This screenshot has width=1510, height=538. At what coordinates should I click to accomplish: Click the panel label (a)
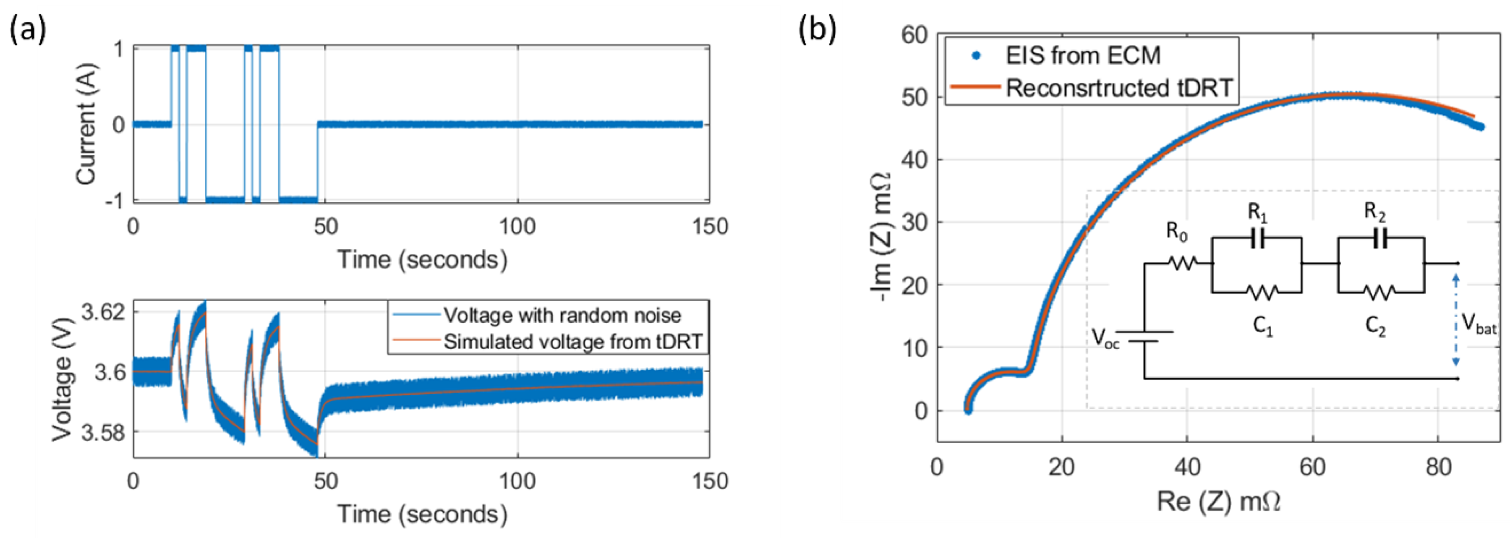click(x=28, y=31)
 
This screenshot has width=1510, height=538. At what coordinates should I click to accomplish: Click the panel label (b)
click(x=817, y=31)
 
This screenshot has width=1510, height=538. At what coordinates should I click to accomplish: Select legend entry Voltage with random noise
click(x=562, y=315)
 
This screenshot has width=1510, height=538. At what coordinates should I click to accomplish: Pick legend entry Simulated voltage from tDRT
click(x=572, y=342)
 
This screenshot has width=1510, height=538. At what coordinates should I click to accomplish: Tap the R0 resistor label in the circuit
click(x=1176, y=232)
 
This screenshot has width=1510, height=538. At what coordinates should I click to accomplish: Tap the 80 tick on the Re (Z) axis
click(x=1438, y=467)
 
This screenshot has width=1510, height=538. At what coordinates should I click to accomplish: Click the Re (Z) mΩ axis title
click(x=1218, y=501)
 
